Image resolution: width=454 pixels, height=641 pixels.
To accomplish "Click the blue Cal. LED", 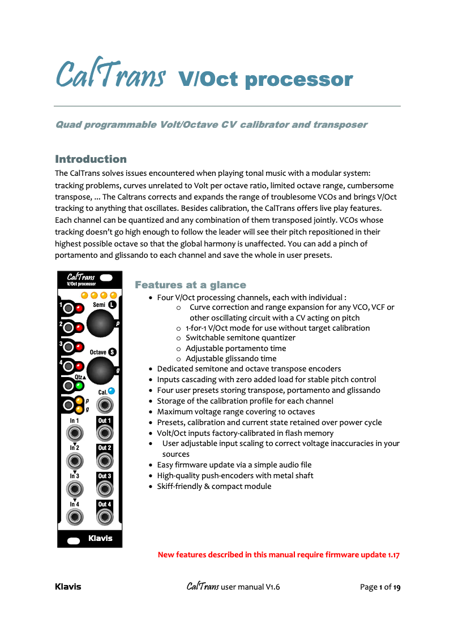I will pyautogui.click(x=111, y=391).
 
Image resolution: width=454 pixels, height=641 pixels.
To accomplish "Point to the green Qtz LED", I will pyautogui.click(x=79, y=386).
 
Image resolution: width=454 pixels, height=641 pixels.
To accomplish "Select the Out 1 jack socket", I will pyautogui.click(x=104, y=433).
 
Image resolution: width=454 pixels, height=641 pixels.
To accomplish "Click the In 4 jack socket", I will pyautogui.click(x=75, y=517).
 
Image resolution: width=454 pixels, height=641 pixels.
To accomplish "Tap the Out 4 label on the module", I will pyautogui.click(x=104, y=504).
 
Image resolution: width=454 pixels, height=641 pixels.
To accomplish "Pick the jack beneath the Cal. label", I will pyautogui.click(x=104, y=405).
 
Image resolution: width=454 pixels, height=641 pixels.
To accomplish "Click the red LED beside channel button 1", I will pyautogui.click(x=79, y=309).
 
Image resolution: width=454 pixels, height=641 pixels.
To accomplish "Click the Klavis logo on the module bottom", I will pyautogui.click(x=100, y=539).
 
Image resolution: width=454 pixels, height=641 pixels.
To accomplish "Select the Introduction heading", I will pyautogui.click(x=91, y=159).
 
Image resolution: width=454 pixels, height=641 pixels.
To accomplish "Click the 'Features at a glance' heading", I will pyautogui.click(x=190, y=285).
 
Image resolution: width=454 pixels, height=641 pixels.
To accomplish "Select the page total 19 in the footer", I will pyautogui.click(x=396, y=587).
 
